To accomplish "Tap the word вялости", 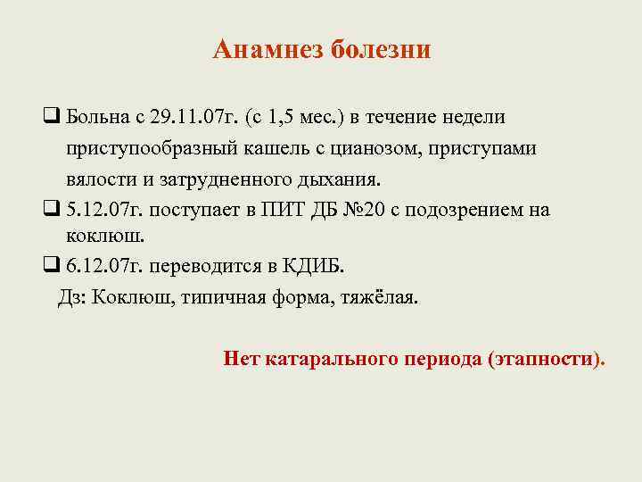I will pyautogui.click(x=101, y=179).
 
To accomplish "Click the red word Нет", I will pyautogui.click(x=242, y=360).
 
